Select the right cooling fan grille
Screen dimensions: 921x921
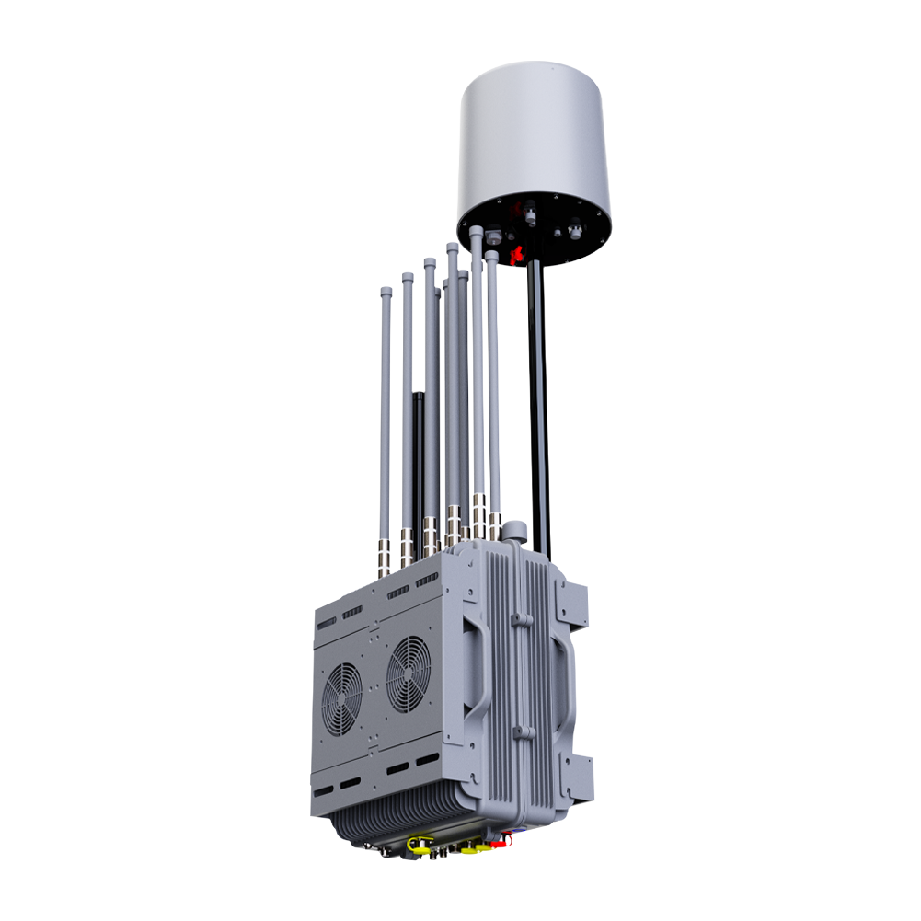click(x=409, y=674)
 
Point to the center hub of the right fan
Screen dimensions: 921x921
click(x=409, y=674)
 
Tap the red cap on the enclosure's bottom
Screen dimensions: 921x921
click(x=502, y=841)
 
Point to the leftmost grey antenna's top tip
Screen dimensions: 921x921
click(x=386, y=292)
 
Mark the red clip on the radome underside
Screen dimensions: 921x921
click(x=517, y=252)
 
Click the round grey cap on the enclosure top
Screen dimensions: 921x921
click(x=515, y=531)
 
